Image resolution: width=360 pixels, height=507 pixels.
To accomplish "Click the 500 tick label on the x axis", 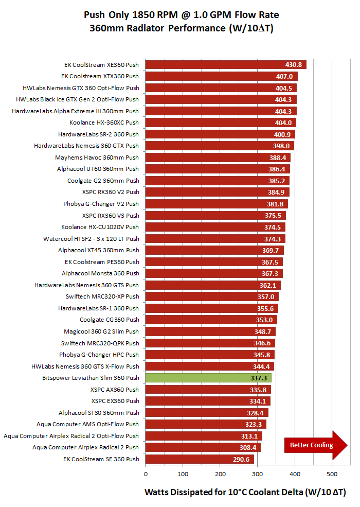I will click(x=332, y=473).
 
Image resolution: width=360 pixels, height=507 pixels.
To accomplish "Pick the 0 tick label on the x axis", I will click(x=146, y=473).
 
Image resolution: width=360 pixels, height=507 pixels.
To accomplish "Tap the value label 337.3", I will click(x=258, y=378).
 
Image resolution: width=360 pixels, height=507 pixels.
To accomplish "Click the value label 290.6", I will click(x=241, y=459).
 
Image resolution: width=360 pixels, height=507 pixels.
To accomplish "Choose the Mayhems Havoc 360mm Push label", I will click(x=97, y=158).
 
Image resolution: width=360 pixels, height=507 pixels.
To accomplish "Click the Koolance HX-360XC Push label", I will click(x=104, y=123).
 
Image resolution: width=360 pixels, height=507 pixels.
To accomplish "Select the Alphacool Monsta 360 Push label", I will click(x=100, y=273).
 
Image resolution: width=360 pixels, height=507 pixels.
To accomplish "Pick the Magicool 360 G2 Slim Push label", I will click(x=101, y=331).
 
